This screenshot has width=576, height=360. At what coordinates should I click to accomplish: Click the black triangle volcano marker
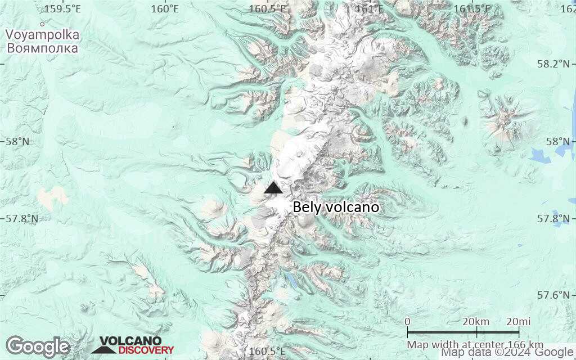coord(273,188)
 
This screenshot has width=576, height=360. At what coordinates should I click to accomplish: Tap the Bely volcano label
coord(336,208)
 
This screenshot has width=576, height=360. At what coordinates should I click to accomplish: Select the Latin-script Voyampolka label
coord(42,35)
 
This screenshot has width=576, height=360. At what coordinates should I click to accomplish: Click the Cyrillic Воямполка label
coord(42,48)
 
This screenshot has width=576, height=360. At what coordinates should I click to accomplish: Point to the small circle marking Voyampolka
coord(42,24)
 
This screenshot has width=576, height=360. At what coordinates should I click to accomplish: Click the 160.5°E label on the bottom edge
coord(267,352)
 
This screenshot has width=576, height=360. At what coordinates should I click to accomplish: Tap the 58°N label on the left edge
coord(17,141)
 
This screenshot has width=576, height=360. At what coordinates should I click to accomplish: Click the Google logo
coord(37,346)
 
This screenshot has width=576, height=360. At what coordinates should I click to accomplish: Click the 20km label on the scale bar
coord(476,321)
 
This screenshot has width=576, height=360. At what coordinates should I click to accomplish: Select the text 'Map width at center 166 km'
coord(475,344)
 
